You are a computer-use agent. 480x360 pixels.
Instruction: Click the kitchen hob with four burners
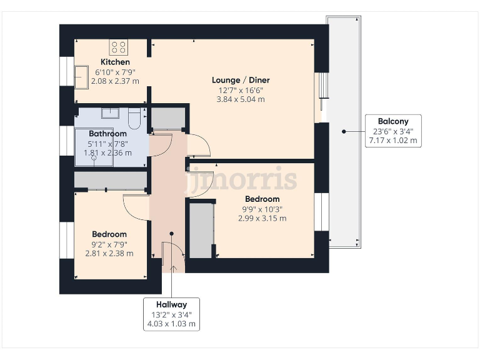(x=119, y=47)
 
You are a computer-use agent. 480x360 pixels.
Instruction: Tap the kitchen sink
(x=81, y=76)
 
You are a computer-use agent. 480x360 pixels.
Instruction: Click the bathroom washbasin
(x=111, y=112)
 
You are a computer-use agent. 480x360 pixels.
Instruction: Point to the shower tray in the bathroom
(x=94, y=147)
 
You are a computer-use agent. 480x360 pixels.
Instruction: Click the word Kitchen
(x=116, y=62)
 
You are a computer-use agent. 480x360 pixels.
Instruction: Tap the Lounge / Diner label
(x=241, y=80)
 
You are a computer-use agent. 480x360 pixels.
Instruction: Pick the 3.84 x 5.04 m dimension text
(x=241, y=99)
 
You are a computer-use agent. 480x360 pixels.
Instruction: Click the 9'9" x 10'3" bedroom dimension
(x=262, y=209)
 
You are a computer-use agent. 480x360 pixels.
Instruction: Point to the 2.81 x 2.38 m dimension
(x=109, y=254)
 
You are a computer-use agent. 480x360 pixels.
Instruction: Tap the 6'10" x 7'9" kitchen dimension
(x=116, y=72)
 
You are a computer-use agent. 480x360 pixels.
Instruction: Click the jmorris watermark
(x=246, y=179)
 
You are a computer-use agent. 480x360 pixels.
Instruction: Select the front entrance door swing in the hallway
(x=172, y=255)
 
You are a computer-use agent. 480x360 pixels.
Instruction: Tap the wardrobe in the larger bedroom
(x=201, y=229)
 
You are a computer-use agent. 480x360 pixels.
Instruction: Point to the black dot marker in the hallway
(x=171, y=234)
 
